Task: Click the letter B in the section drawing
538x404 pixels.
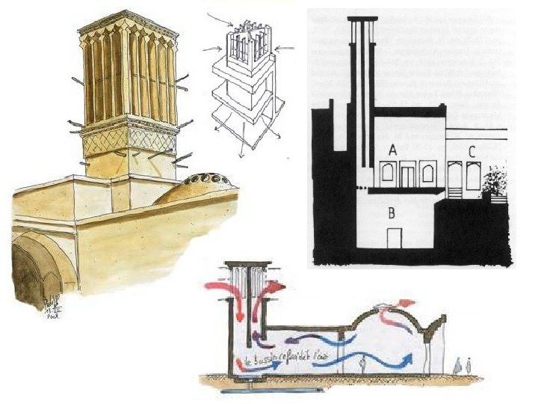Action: [x=391, y=212]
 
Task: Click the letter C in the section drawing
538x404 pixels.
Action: [x=471, y=151]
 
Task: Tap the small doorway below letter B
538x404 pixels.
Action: [x=394, y=236]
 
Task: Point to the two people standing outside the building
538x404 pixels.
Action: [x=463, y=366]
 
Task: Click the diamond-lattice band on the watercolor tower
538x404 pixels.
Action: [x=128, y=139]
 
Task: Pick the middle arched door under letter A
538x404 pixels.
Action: [x=407, y=175]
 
